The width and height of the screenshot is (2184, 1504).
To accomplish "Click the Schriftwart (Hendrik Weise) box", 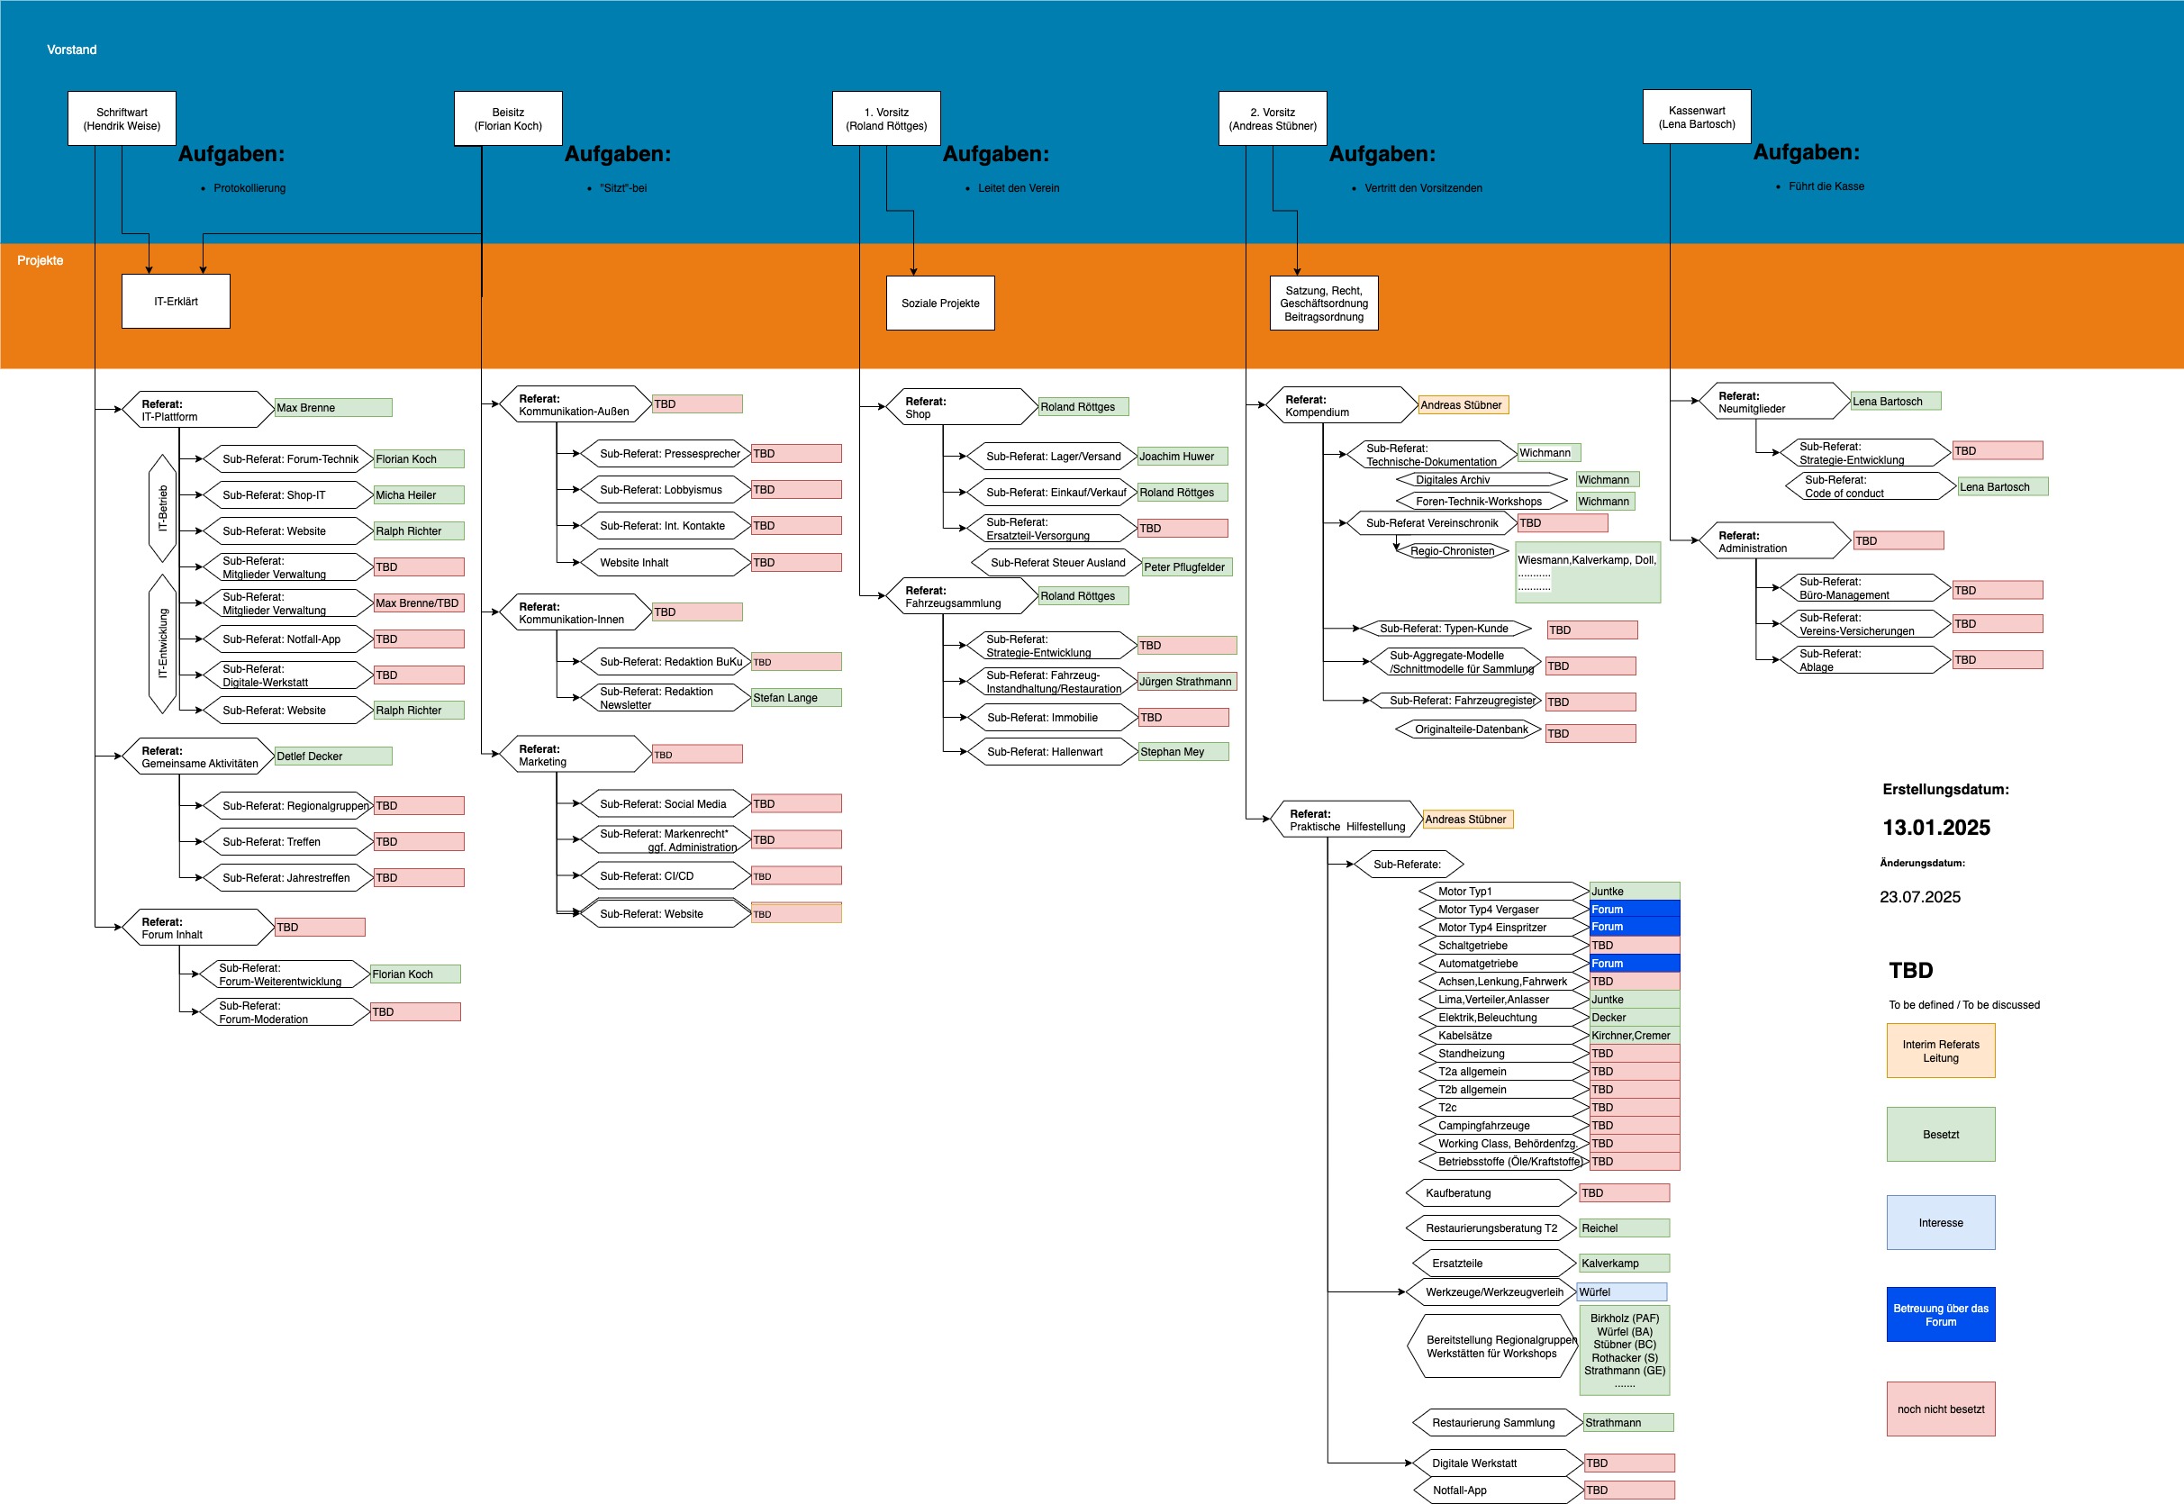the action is (122, 119).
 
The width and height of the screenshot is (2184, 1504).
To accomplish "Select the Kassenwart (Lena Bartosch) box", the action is (1697, 117).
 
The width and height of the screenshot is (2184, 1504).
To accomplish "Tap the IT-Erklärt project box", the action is (177, 302).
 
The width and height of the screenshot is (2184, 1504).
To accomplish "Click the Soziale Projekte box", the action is (940, 304).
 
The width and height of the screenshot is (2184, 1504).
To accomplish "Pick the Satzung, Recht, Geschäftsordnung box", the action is (1324, 304).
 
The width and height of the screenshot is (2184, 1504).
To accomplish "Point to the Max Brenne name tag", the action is (333, 408).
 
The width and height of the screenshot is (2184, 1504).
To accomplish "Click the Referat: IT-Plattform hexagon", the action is (198, 410).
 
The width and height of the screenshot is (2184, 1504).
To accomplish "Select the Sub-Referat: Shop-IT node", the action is (288, 495).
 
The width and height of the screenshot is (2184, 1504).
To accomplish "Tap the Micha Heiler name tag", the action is (418, 495).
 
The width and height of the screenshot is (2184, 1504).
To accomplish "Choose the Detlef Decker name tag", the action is (333, 757).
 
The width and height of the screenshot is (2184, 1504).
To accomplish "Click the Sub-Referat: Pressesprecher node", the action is (666, 454).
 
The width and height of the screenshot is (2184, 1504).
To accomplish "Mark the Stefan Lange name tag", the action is (796, 698).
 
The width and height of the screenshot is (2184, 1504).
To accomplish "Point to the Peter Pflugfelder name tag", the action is (1187, 567).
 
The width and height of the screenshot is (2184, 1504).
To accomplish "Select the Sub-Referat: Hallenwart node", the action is (1053, 752).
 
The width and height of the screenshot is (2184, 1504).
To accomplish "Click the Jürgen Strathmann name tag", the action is (1187, 683).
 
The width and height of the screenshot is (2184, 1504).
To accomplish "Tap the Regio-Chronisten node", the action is (1452, 551).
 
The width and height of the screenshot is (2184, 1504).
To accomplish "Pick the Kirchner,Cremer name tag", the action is (1635, 1036).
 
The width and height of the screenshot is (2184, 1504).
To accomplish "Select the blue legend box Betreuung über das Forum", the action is (1941, 1316).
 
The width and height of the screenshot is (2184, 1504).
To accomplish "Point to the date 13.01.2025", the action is (1936, 829).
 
